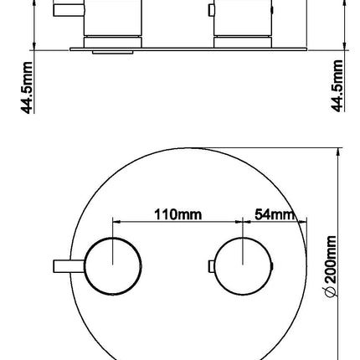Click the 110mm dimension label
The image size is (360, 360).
tap(177, 215)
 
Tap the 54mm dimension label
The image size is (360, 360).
tap(275, 215)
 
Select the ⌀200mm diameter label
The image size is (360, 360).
tap(332, 266)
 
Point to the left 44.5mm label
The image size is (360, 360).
tap(27, 88)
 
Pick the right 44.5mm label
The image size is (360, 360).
tap(337, 86)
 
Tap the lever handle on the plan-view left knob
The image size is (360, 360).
tap(69, 266)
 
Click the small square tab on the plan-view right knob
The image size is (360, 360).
tap(212, 266)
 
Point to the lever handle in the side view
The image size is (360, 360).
tap(69, 10)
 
